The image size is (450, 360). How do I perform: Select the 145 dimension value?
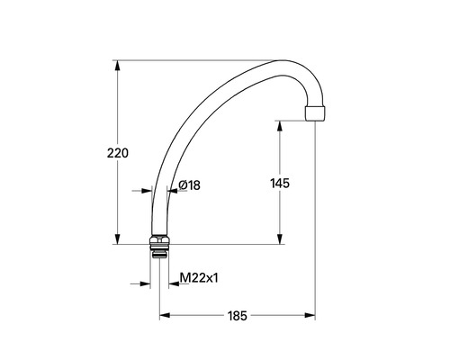click(280, 183)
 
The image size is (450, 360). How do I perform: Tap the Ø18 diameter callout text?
click(189, 184)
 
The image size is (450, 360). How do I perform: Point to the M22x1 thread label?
click(199, 279)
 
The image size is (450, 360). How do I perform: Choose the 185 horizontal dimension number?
click(237, 316)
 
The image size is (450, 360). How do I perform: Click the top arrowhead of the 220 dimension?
click(117, 66)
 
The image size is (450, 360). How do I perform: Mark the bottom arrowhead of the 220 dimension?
click(117, 238)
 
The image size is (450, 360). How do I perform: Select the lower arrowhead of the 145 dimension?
click(280, 238)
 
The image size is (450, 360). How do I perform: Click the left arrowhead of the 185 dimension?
click(165, 316)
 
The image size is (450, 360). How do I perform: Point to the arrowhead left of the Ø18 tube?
click(145, 191)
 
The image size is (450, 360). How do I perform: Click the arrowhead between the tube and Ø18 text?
click(173, 191)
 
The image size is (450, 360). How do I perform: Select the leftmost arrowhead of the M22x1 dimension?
click(145, 284)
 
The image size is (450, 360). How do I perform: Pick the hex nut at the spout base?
click(158, 240)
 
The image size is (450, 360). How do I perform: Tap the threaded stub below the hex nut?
click(159, 252)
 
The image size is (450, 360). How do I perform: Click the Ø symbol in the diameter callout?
click(183, 184)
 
